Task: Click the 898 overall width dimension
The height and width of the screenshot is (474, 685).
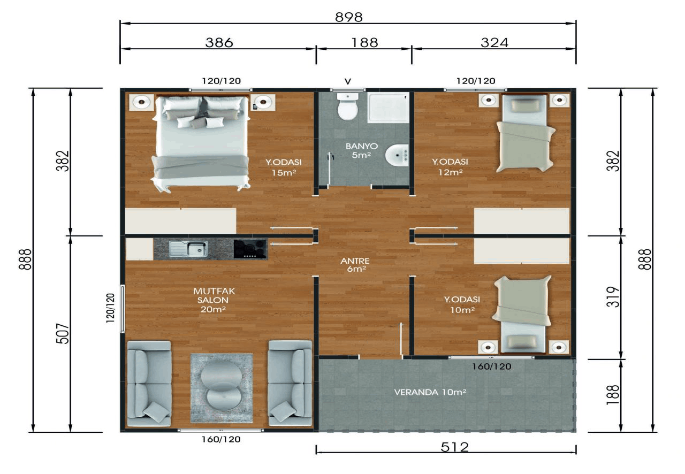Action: [348, 17]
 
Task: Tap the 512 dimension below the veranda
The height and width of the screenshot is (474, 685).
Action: [454, 447]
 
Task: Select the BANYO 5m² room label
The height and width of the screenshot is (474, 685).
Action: [362, 150]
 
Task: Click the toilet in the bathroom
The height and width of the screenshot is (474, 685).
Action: [348, 106]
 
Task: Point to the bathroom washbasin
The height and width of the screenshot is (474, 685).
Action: [397, 155]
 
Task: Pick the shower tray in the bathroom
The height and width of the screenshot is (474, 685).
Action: [389, 108]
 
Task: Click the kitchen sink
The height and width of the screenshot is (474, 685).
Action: [188, 249]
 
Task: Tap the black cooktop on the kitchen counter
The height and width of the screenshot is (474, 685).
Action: [250, 249]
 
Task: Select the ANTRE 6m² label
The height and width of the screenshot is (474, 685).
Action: [355, 265]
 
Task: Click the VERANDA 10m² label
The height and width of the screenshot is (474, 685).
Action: [430, 392]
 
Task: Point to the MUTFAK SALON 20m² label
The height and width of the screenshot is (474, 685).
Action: [214, 300]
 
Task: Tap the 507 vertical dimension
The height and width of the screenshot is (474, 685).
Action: [63, 334]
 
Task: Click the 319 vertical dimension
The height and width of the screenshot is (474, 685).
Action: [613, 297]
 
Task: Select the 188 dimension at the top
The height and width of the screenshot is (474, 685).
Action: [364, 42]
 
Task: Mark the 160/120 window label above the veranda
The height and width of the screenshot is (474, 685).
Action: [491, 366]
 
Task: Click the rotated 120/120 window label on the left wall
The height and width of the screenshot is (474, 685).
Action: [110, 308]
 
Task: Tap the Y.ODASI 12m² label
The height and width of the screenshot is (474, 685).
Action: [450, 167]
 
